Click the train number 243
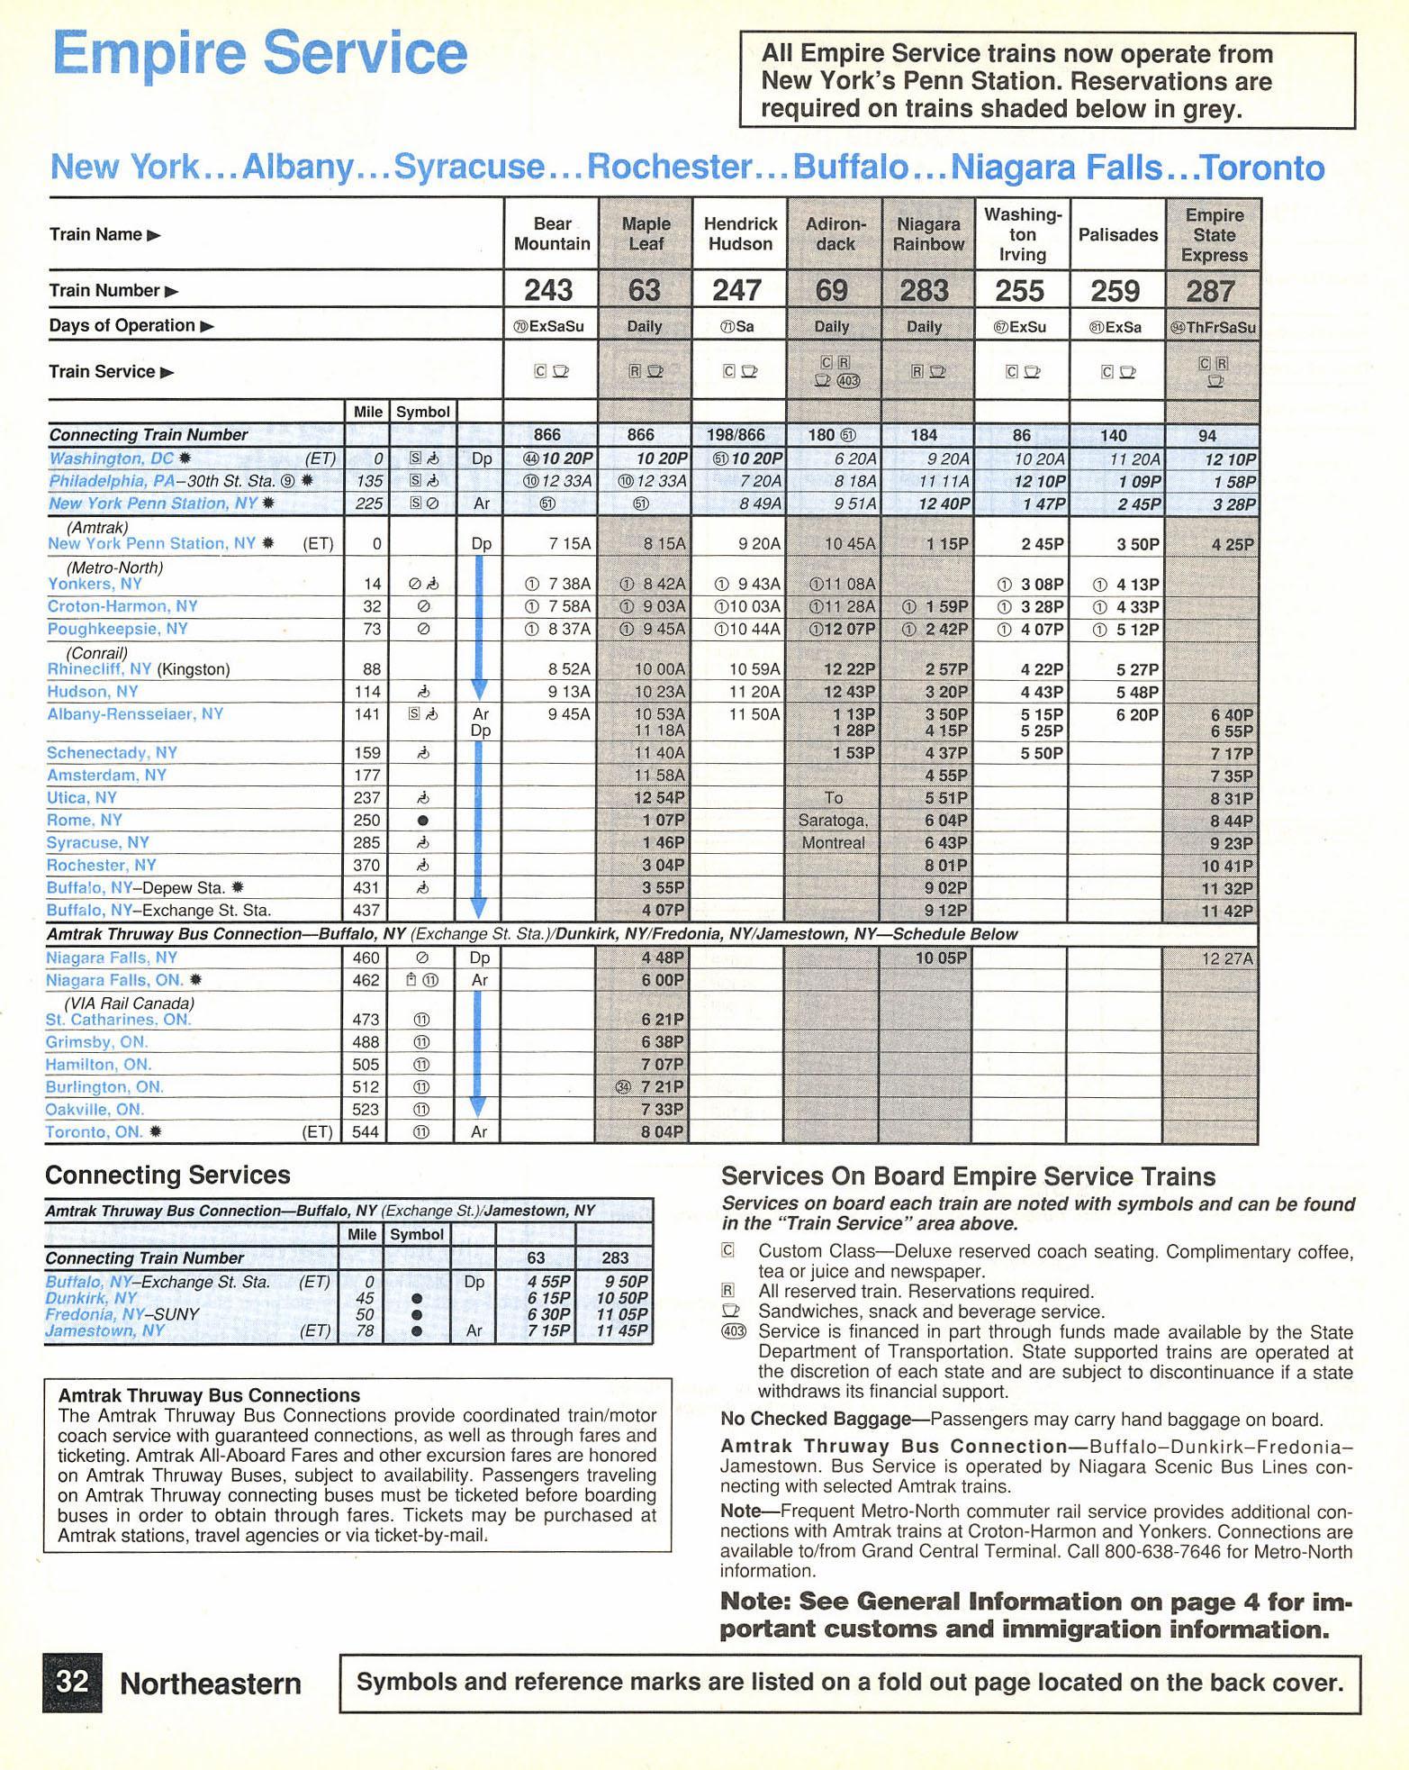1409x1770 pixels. (x=548, y=290)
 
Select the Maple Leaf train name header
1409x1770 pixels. (x=646, y=233)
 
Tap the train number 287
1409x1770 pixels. (x=1210, y=291)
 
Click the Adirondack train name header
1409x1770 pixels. (x=835, y=233)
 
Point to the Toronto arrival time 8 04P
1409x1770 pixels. (x=663, y=1132)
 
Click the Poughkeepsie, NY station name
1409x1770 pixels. (x=117, y=629)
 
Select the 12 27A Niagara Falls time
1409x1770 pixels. (x=1226, y=958)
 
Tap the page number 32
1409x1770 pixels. (x=72, y=1682)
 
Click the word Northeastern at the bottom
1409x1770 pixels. (x=211, y=1683)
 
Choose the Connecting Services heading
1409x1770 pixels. (x=167, y=1175)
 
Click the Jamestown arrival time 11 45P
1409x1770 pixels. (x=622, y=1330)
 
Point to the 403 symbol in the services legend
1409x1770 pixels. (x=734, y=1331)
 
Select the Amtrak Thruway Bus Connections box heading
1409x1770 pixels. (x=209, y=1395)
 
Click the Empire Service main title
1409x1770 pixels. (x=260, y=53)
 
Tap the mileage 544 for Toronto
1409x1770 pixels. (x=365, y=1132)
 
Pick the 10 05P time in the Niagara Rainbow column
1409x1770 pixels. (x=941, y=958)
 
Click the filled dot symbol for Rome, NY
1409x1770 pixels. (x=422, y=821)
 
